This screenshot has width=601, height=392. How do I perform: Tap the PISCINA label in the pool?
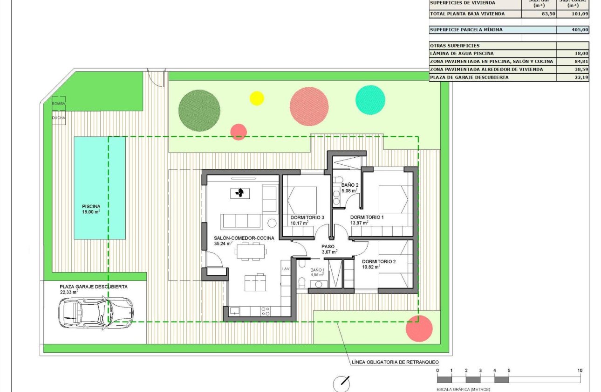tap(91, 206)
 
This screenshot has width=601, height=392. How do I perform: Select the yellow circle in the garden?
tap(257, 98)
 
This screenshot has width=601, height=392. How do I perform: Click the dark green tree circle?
tap(199, 110)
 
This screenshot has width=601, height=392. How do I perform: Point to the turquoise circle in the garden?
tap(370, 100)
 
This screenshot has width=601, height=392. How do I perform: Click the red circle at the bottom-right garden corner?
tap(419, 329)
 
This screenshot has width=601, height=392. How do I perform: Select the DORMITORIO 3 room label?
tap(307, 217)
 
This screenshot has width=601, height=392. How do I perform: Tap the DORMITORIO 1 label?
tap(367, 217)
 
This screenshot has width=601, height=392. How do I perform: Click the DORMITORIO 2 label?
tap(378, 261)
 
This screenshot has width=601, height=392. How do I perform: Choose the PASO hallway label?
tap(328, 246)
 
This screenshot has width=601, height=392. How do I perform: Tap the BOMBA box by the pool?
tap(59, 103)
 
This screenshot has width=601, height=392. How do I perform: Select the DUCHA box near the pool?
tap(59, 118)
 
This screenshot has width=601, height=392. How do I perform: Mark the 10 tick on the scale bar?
tap(580, 371)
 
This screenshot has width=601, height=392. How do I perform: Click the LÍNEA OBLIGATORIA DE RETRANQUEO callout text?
tap(394, 362)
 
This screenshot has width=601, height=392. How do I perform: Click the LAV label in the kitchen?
tap(286, 269)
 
